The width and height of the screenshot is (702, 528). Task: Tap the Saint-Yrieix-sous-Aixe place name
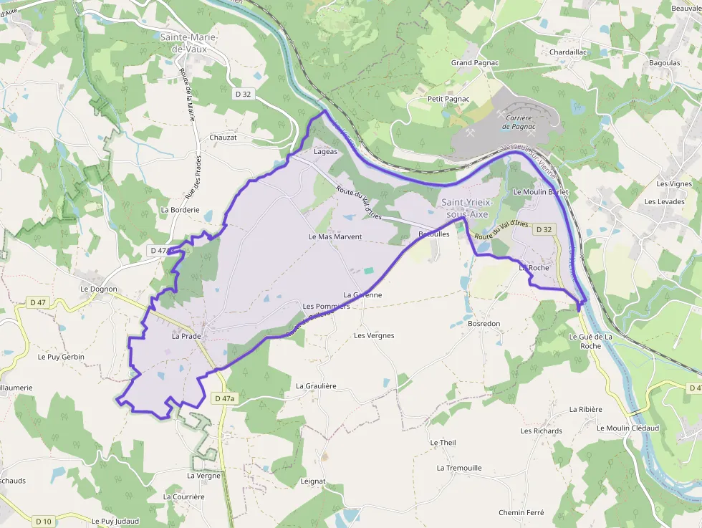click(468, 208)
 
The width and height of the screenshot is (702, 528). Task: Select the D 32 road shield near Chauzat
click(244, 93)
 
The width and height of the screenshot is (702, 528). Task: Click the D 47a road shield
click(224, 398)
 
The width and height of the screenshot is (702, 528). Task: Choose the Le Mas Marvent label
click(335, 236)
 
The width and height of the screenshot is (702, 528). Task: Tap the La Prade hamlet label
click(186, 335)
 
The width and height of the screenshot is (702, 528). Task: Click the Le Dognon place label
click(98, 289)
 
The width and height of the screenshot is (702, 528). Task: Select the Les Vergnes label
click(374, 335)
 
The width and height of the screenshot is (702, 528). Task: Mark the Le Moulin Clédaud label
click(628, 428)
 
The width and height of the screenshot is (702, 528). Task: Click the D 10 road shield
click(43, 521)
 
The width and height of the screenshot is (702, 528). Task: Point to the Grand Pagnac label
click(474, 63)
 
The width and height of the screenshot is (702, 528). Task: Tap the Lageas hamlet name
click(325, 152)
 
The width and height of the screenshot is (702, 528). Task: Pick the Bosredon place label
click(484, 324)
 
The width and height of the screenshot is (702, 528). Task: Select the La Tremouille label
click(459, 468)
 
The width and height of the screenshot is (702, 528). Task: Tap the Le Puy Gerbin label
click(61, 356)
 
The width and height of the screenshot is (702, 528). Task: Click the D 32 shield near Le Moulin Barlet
click(544, 229)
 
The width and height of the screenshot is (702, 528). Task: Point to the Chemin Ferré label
click(521, 512)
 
